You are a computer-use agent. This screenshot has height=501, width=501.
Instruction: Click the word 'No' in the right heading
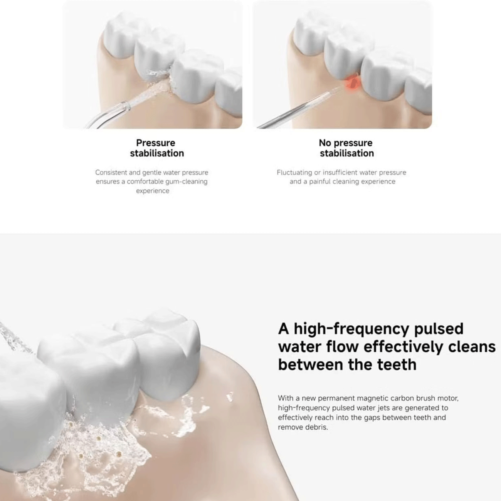coord(324,143)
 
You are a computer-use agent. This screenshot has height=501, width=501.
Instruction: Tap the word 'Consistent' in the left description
coord(111,172)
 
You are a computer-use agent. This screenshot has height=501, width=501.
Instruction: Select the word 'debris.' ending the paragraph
coord(316,427)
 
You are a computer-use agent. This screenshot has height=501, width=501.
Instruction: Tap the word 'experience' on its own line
coord(153,191)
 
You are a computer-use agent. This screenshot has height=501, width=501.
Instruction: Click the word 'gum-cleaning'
coord(187,182)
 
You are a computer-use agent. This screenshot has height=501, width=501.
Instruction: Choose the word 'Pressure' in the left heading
coord(156,143)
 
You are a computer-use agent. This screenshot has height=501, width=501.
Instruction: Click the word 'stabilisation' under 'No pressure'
coord(347,153)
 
